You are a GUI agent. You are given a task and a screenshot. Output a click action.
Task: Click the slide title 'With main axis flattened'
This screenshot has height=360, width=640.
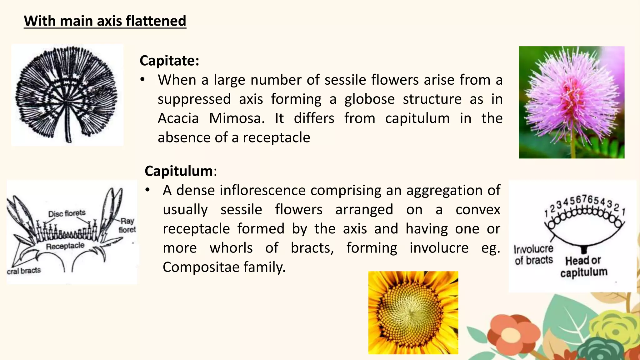coord(105,21)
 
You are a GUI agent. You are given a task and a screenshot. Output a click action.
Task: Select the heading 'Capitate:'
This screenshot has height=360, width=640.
coord(169,60)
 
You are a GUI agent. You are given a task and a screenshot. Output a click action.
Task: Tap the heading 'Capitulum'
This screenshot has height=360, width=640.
coord(179,171)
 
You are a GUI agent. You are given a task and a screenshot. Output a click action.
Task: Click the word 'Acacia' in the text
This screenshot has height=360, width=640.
coord(178,118)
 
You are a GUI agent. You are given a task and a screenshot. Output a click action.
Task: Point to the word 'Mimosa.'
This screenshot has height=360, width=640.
coord(237,118)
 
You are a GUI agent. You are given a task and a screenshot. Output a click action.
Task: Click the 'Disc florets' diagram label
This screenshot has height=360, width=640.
coord(67,213)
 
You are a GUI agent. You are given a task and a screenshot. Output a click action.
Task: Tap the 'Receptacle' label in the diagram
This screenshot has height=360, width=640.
coord(65,246)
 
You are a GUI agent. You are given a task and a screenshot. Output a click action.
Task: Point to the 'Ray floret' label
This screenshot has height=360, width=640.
coord(127,225)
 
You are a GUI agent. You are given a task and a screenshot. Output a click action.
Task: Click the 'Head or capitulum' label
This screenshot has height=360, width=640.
coord(583,266)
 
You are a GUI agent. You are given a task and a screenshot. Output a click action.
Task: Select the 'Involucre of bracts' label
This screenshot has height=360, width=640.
coord(534,254)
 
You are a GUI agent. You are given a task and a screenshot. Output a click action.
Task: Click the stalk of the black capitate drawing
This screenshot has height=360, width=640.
coord(68,131)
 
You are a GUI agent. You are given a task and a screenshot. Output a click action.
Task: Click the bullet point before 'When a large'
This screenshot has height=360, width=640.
coord(142,80)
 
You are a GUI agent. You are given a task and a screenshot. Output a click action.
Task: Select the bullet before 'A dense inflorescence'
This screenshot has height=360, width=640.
coord(147,190)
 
